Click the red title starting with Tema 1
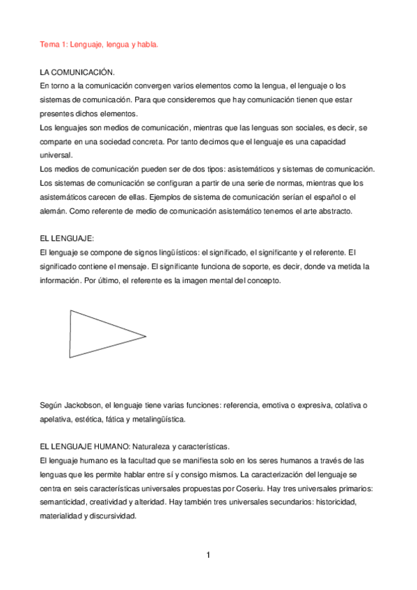pyautogui.click(x=98, y=44)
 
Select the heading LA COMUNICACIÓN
pyautogui.click(x=77, y=72)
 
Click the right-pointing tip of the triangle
pyautogui.click(x=145, y=337)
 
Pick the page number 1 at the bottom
pyautogui.click(x=208, y=555)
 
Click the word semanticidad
pyautogui.click(x=66, y=502)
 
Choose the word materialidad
pyautogui.click(x=61, y=516)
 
